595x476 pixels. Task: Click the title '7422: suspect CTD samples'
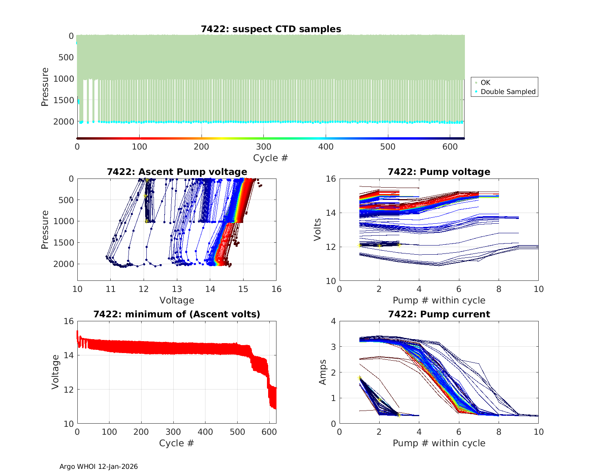pyautogui.click(x=271, y=29)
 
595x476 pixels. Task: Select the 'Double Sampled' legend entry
pyautogui.click(x=508, y=92)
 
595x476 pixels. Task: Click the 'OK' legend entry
pyautogui.click(x=485, y=83)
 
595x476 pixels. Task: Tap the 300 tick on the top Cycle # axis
pyautogui.click(x=263, y=146)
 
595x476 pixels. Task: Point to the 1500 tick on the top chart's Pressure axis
pyautogui.click(x=63, y=100)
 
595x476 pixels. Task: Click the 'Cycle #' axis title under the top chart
pyautogui.click(x=271, y=158)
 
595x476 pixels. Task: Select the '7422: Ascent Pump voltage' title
pyautogui.click(x=177, y=172)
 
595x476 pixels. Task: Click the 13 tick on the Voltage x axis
pyautogui.click(x=177, y=289)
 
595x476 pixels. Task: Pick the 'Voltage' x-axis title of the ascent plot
pyautogui.click(x=177, y=300)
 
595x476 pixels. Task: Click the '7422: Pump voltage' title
pyautogui.click(x=439, y=172)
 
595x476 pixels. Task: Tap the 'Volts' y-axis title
pyautogui.click(x=317, y=230)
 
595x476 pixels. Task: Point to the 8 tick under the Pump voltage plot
pyautogui.click(x=499, y=289)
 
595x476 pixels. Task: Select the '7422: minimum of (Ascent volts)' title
pyautogui.click(x=177, y=314)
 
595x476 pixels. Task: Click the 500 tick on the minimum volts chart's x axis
pyautogui.click(x=237, y=432)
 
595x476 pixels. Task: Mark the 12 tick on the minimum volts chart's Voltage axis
pyautogui.click(x=69, y=390)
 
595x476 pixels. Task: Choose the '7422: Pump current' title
pyautogui.click(x=439, y=314)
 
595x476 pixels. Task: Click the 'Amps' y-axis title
pyautogui.click(x=323, y=372)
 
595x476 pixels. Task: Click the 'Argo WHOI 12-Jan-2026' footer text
pyautogui.click(x=98, y=466)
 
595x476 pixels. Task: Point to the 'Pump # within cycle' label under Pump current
pyautogui.click(x=439, y=443)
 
